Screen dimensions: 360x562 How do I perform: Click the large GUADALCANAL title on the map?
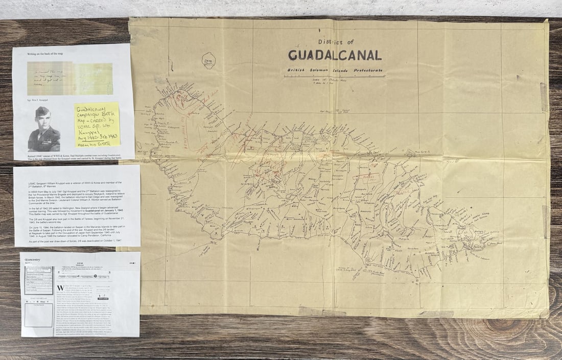pos(335,55)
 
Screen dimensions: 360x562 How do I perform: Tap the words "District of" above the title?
pos(335,42)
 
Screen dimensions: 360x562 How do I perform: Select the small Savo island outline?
pos(208,61)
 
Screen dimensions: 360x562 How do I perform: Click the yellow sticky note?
pos(97,124)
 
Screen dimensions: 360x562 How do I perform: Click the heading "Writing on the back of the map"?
pos(47,54)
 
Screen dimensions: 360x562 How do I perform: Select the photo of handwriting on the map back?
pos(70,78)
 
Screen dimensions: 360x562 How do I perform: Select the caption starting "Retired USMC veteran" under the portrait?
pos(72,154)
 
